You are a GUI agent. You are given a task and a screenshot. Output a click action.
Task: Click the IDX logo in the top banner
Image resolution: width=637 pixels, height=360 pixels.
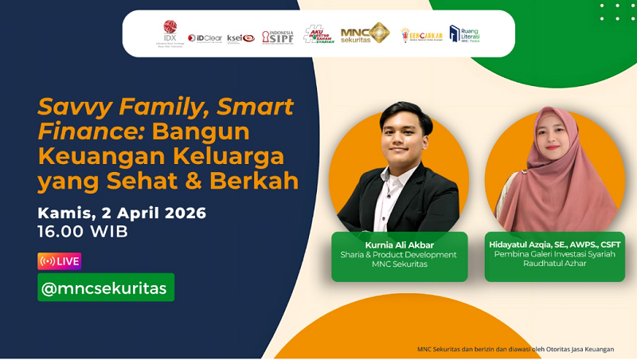[170, 33]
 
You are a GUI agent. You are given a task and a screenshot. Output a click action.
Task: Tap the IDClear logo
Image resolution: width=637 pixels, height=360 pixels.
[205, 37]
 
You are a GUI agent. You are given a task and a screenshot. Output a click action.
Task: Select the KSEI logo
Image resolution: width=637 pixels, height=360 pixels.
[240, 37]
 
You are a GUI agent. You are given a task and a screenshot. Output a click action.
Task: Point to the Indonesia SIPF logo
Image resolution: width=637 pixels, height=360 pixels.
[278, 37]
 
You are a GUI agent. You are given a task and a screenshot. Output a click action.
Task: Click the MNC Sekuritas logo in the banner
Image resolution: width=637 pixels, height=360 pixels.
[365, 33]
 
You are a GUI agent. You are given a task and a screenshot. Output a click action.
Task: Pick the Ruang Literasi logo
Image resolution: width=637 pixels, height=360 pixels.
[465, 33]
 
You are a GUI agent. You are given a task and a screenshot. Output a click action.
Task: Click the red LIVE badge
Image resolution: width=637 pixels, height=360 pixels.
[59, 261]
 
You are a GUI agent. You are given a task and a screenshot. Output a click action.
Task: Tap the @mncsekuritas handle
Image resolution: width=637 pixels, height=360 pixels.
[106, 288]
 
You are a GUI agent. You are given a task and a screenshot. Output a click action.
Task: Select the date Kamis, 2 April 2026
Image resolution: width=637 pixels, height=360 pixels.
[122, 213]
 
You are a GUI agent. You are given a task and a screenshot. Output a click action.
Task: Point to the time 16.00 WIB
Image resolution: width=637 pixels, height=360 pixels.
[83, 232]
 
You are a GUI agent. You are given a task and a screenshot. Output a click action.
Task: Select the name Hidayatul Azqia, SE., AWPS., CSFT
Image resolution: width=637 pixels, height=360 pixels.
[555, 245]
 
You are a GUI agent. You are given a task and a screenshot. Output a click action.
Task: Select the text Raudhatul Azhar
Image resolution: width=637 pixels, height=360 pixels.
[555, 264]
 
